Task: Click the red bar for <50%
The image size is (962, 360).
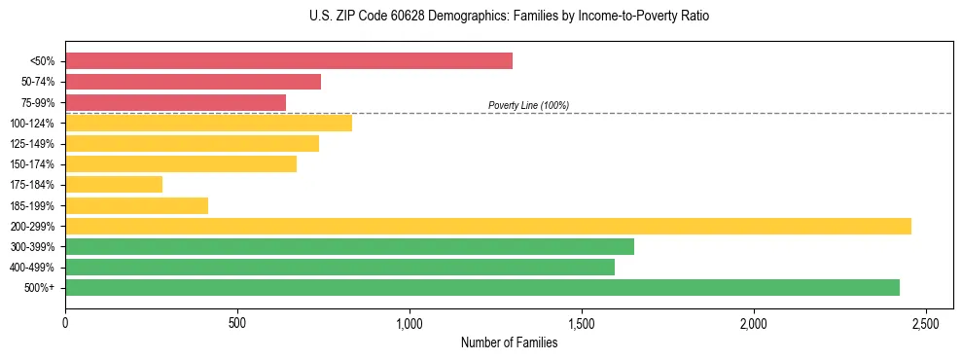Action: (x=289, y=61)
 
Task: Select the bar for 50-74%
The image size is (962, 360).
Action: (x=193, y=82)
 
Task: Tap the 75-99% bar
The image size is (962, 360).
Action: (x=175, y=102)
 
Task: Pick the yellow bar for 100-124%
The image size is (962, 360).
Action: (x=208, y=123)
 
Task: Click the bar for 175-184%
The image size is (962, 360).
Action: (x=114, y=185)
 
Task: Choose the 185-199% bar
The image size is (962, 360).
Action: (x=136, y=205)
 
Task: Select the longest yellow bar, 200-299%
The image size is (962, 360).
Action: (x=488, y=226)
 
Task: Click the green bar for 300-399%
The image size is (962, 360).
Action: (x=349, y=246)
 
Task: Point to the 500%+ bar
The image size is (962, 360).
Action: (x=482, y=287)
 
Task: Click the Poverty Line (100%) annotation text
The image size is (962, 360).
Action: (x=528, y=105)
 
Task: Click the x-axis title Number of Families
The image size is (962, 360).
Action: (x=509, y=342)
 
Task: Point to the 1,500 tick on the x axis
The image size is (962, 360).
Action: (x=582, y=322)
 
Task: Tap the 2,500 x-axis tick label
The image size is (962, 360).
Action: (x=926, y=322)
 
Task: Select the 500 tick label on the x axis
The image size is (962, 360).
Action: (x=237, y=322)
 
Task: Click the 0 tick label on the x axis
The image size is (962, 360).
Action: (x=65, y=322)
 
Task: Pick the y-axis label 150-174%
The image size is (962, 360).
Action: (x=32, y=164)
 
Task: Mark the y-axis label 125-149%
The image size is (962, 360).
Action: (x=32, y=144)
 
